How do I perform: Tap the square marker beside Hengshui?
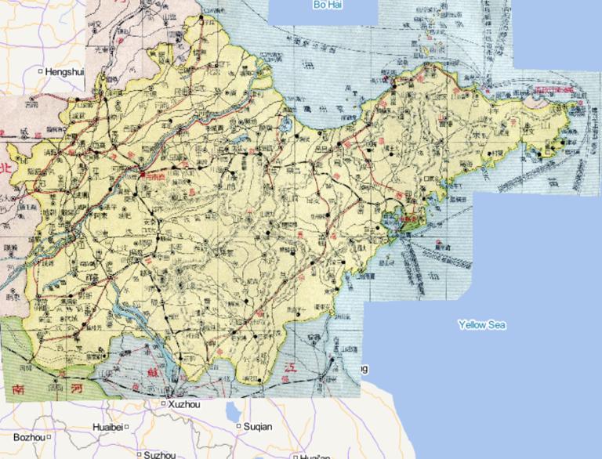pos(41,72)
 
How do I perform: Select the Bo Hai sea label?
pos(328,5)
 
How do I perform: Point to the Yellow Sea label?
pos(482,324)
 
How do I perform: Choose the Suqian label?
pos(258,427)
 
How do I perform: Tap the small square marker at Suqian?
pos(238,427)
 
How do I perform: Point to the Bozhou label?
pos(30,437)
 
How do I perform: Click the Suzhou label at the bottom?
pos(158,454)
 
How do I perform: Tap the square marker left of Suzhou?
pos(138,454)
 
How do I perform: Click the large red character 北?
pos(7,168)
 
